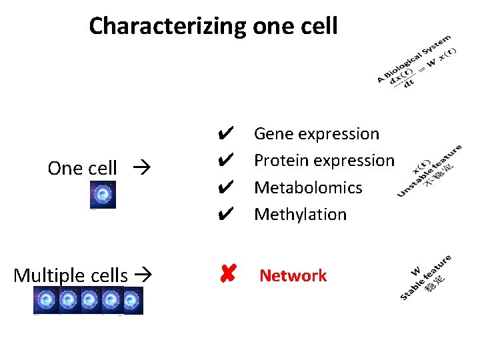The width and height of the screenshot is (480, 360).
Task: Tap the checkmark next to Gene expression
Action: coord(225,134)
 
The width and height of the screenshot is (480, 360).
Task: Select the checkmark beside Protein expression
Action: coord(225,161)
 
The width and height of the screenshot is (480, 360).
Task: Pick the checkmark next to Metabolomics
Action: coord(225,188)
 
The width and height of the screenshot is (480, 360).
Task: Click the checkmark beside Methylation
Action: coord(225,215)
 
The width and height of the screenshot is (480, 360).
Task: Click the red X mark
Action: coord(227,275)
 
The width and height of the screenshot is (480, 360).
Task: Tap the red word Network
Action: coord(293,275)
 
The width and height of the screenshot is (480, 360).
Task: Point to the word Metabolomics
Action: coord(308,188)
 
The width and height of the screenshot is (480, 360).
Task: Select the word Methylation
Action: coord(300,215)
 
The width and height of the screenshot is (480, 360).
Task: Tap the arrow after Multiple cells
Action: coord(143,275)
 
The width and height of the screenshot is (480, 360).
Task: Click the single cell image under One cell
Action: coord(103,195)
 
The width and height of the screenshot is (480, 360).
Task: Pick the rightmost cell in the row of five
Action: coord(133,301)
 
